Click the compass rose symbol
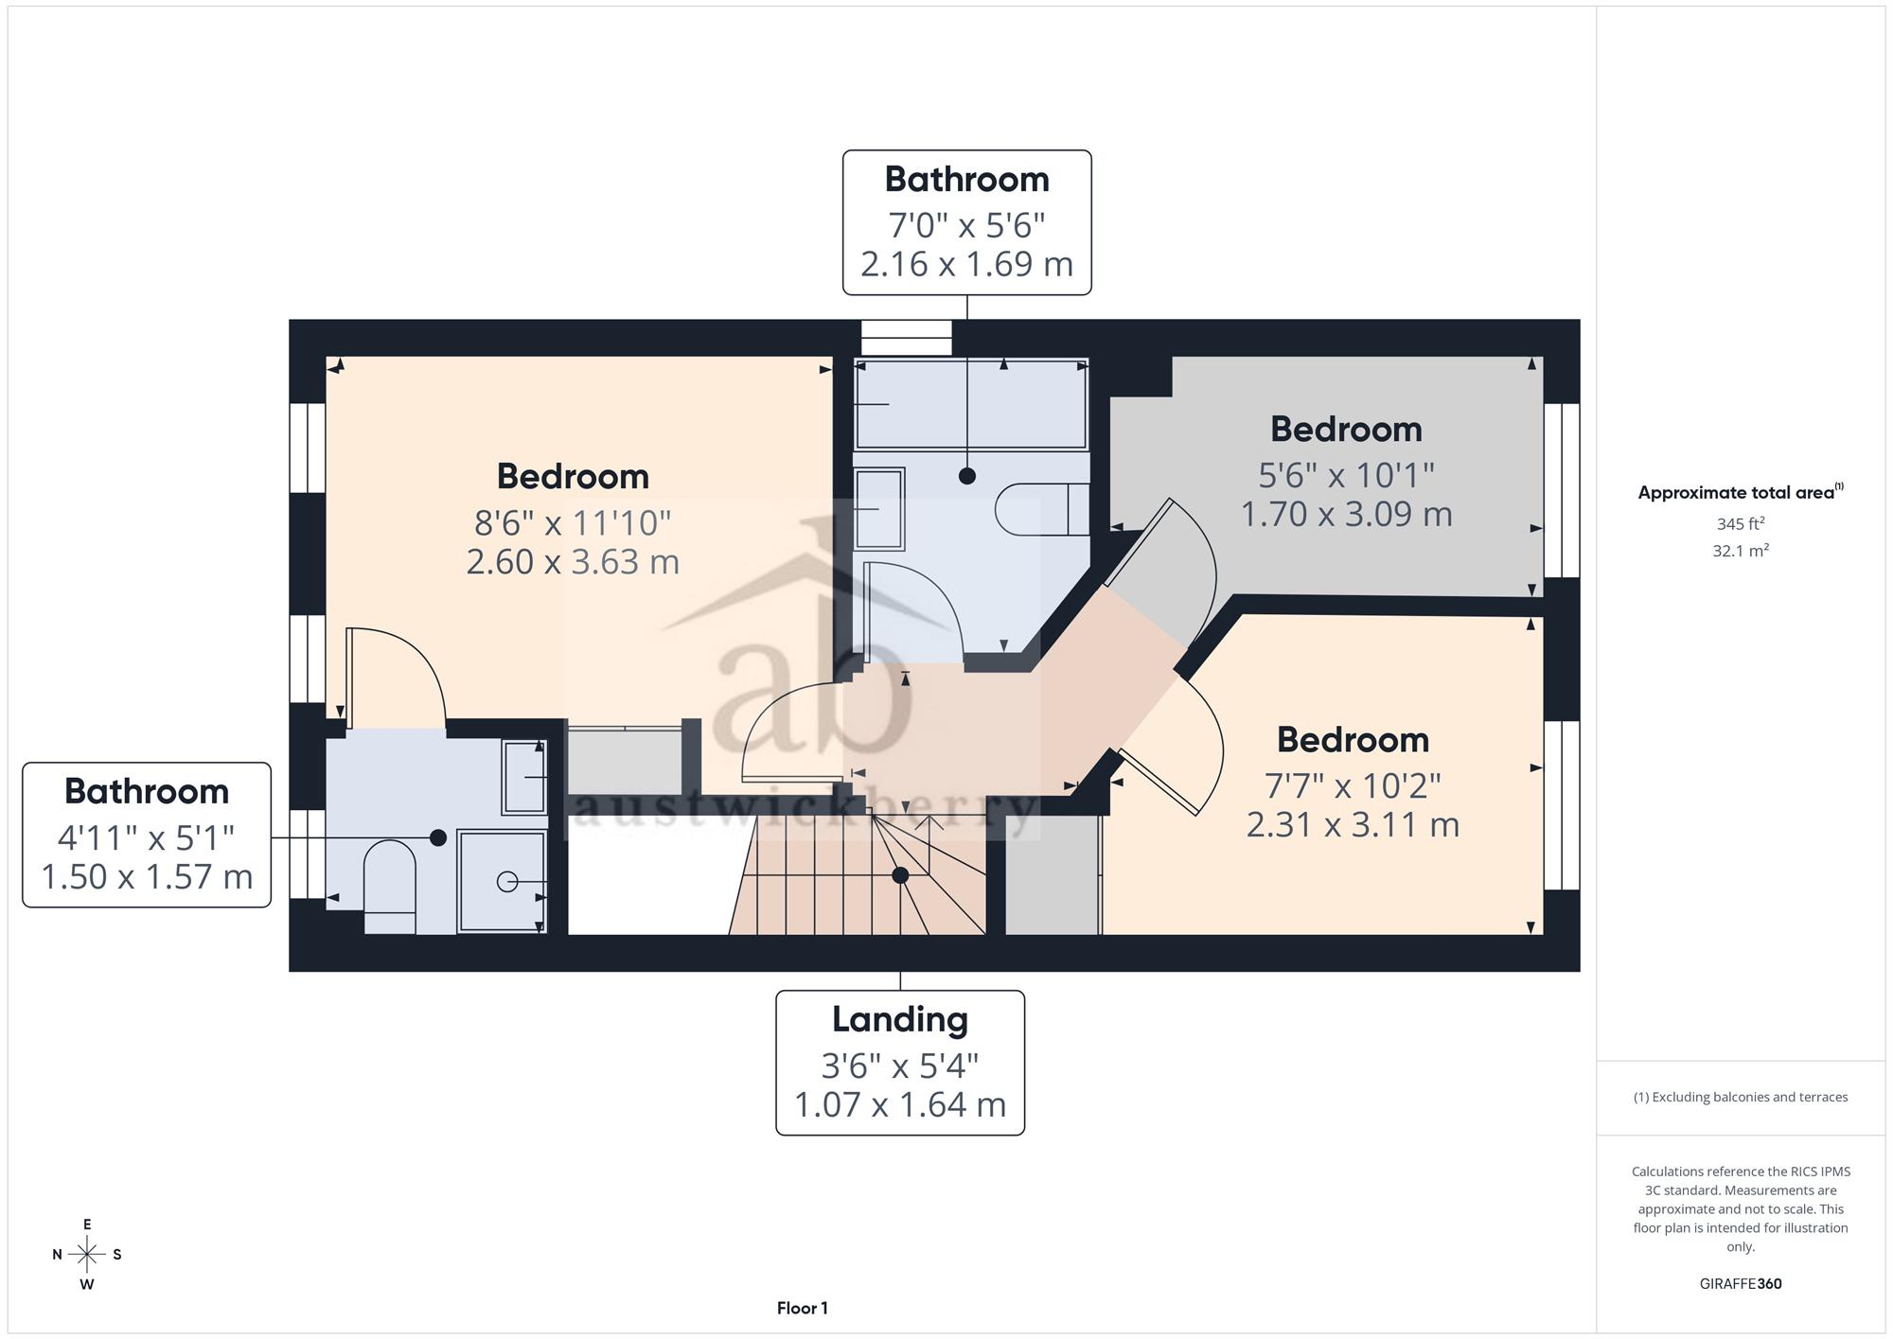pos(87,1255)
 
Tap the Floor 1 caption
pos(803,1309)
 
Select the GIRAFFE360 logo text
pos(1741,1284)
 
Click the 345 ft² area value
pos(1741,523)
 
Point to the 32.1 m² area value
pos(1741,551)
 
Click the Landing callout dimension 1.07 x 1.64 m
pos(900,1104)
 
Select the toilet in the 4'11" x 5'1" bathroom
pos(390,887)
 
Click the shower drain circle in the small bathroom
pos(506,882)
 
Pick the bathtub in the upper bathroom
pos(971,404)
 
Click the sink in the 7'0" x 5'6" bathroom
pos(879,509)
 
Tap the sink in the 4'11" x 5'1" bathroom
pos(524,778)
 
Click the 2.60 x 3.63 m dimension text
pos(573,562)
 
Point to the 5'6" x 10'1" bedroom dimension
pos(1346,475)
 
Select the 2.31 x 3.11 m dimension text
pos(1353,825)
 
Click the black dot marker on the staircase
pos(900,875)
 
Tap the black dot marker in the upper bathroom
pos(966,476)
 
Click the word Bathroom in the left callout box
pos(147,791)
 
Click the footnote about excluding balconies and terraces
pos(1741,1098)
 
